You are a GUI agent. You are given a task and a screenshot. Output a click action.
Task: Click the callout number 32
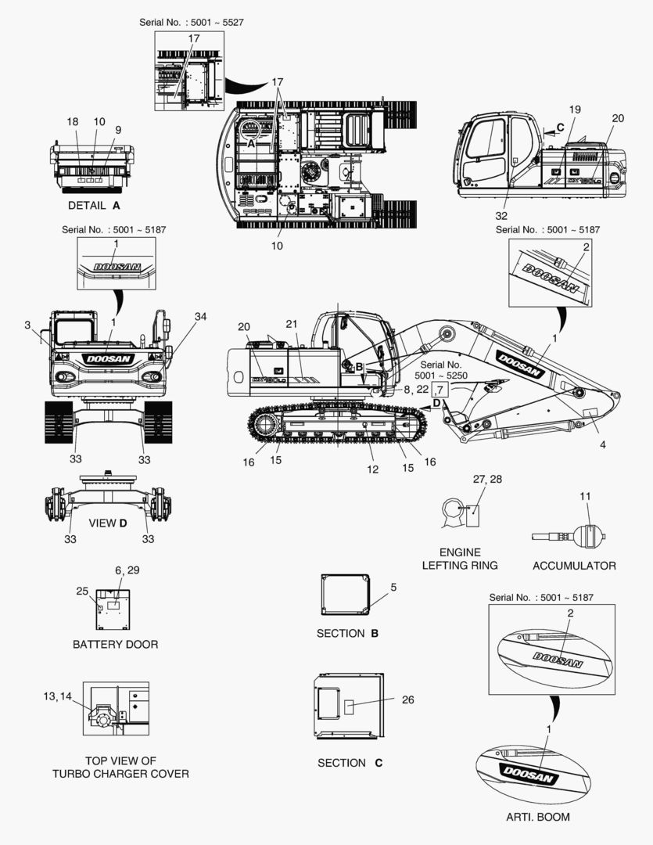[501, 216]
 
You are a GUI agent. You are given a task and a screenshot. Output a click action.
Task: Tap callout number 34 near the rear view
[200, 317]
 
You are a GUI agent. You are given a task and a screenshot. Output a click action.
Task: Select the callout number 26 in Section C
[408, 699]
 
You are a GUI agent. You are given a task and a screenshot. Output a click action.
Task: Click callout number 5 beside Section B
[393, 587]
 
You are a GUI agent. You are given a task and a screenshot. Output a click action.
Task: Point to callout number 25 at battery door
[82, 591]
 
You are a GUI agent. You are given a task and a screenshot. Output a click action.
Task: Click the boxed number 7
[440, 390]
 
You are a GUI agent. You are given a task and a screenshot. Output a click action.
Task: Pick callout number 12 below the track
[372, 469]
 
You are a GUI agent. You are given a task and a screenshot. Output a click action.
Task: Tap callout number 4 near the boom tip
[602, 444]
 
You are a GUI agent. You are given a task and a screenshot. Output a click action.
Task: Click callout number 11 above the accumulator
[585, 496]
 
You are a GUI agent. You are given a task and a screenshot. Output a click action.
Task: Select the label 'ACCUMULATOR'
[574, 566]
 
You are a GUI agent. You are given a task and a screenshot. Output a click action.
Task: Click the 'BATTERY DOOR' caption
[115, 645]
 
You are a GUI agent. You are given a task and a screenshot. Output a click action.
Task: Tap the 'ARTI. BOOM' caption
[538, 817]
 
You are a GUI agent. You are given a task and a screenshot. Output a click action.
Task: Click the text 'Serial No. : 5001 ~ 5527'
[192, 23]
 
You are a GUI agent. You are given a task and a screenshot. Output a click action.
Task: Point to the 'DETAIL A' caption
[94, 205]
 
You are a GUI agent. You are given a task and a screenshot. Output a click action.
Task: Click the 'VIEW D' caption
[108, 523]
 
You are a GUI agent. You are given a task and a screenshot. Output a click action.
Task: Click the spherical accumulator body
[588, 536]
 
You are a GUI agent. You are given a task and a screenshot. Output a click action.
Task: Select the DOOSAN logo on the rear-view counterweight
[108, 359]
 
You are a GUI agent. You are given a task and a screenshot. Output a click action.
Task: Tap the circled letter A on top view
[251, 144]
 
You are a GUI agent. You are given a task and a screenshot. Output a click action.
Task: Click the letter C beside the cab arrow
[561, 128]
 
